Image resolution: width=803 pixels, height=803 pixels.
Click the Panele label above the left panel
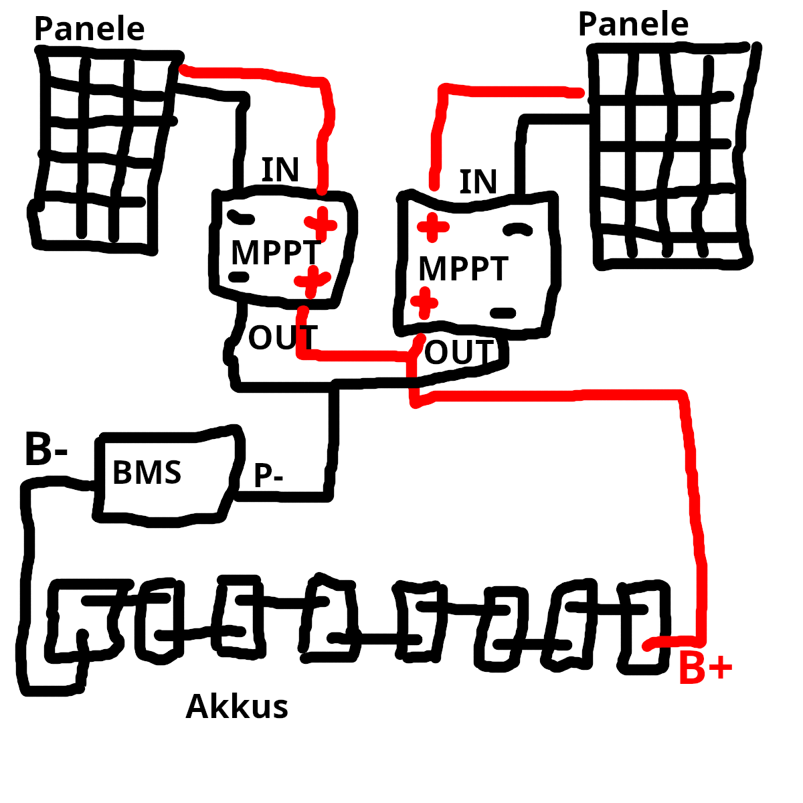tap(89, 29)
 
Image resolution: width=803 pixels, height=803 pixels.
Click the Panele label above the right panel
tap(633, 25)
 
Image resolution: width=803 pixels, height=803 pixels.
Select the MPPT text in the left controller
tap(276, 253)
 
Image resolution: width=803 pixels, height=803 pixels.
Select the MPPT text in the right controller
tap(463, 269)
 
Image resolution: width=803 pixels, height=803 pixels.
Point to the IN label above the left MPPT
tap(280, 170)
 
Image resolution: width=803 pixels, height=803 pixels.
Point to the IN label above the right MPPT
tap(478, 182)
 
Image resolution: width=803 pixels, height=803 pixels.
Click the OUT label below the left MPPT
tap(282, 338)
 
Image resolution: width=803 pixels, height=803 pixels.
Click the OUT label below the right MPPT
tap(459, 353)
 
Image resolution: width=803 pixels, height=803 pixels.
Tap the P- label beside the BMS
tap(268, 476)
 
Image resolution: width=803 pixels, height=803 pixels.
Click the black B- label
tap(46, 450)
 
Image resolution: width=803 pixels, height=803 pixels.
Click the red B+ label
tap(705, 668)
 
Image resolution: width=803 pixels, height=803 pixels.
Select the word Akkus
tap(237, 707)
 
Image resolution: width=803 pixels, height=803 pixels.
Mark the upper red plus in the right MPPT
tap(433, 227)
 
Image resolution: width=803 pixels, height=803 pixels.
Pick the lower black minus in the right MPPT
tap(503, 313)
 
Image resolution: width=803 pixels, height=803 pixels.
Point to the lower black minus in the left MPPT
tap(239, 276)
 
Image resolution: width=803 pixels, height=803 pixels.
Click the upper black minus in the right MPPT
tap(517, 230)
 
